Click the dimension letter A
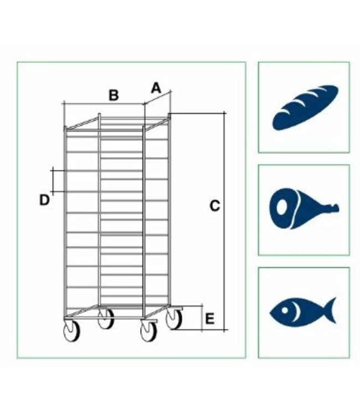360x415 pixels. point(156,88)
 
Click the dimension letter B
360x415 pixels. point(114,95)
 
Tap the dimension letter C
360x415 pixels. point(214,206)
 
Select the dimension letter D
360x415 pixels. point(44,200)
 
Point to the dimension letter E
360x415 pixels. point(210,319)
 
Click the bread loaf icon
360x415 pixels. point(305,107)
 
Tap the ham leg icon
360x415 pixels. point(304,209)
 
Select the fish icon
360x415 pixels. point(303,310)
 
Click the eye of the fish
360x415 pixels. point(285,310)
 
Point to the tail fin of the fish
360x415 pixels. point(331,310)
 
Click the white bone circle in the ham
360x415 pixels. point(282,207)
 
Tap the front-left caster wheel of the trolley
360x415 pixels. point(72,331)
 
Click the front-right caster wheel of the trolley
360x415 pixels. point(148,331)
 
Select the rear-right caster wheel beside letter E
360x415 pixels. point(174,319)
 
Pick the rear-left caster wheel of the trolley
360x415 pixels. point(106,319)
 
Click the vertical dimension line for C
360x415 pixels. point(224,221)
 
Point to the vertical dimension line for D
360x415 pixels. point(53,181)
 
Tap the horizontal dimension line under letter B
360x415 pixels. point(104,104)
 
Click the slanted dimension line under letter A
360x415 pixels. point(158,97)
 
